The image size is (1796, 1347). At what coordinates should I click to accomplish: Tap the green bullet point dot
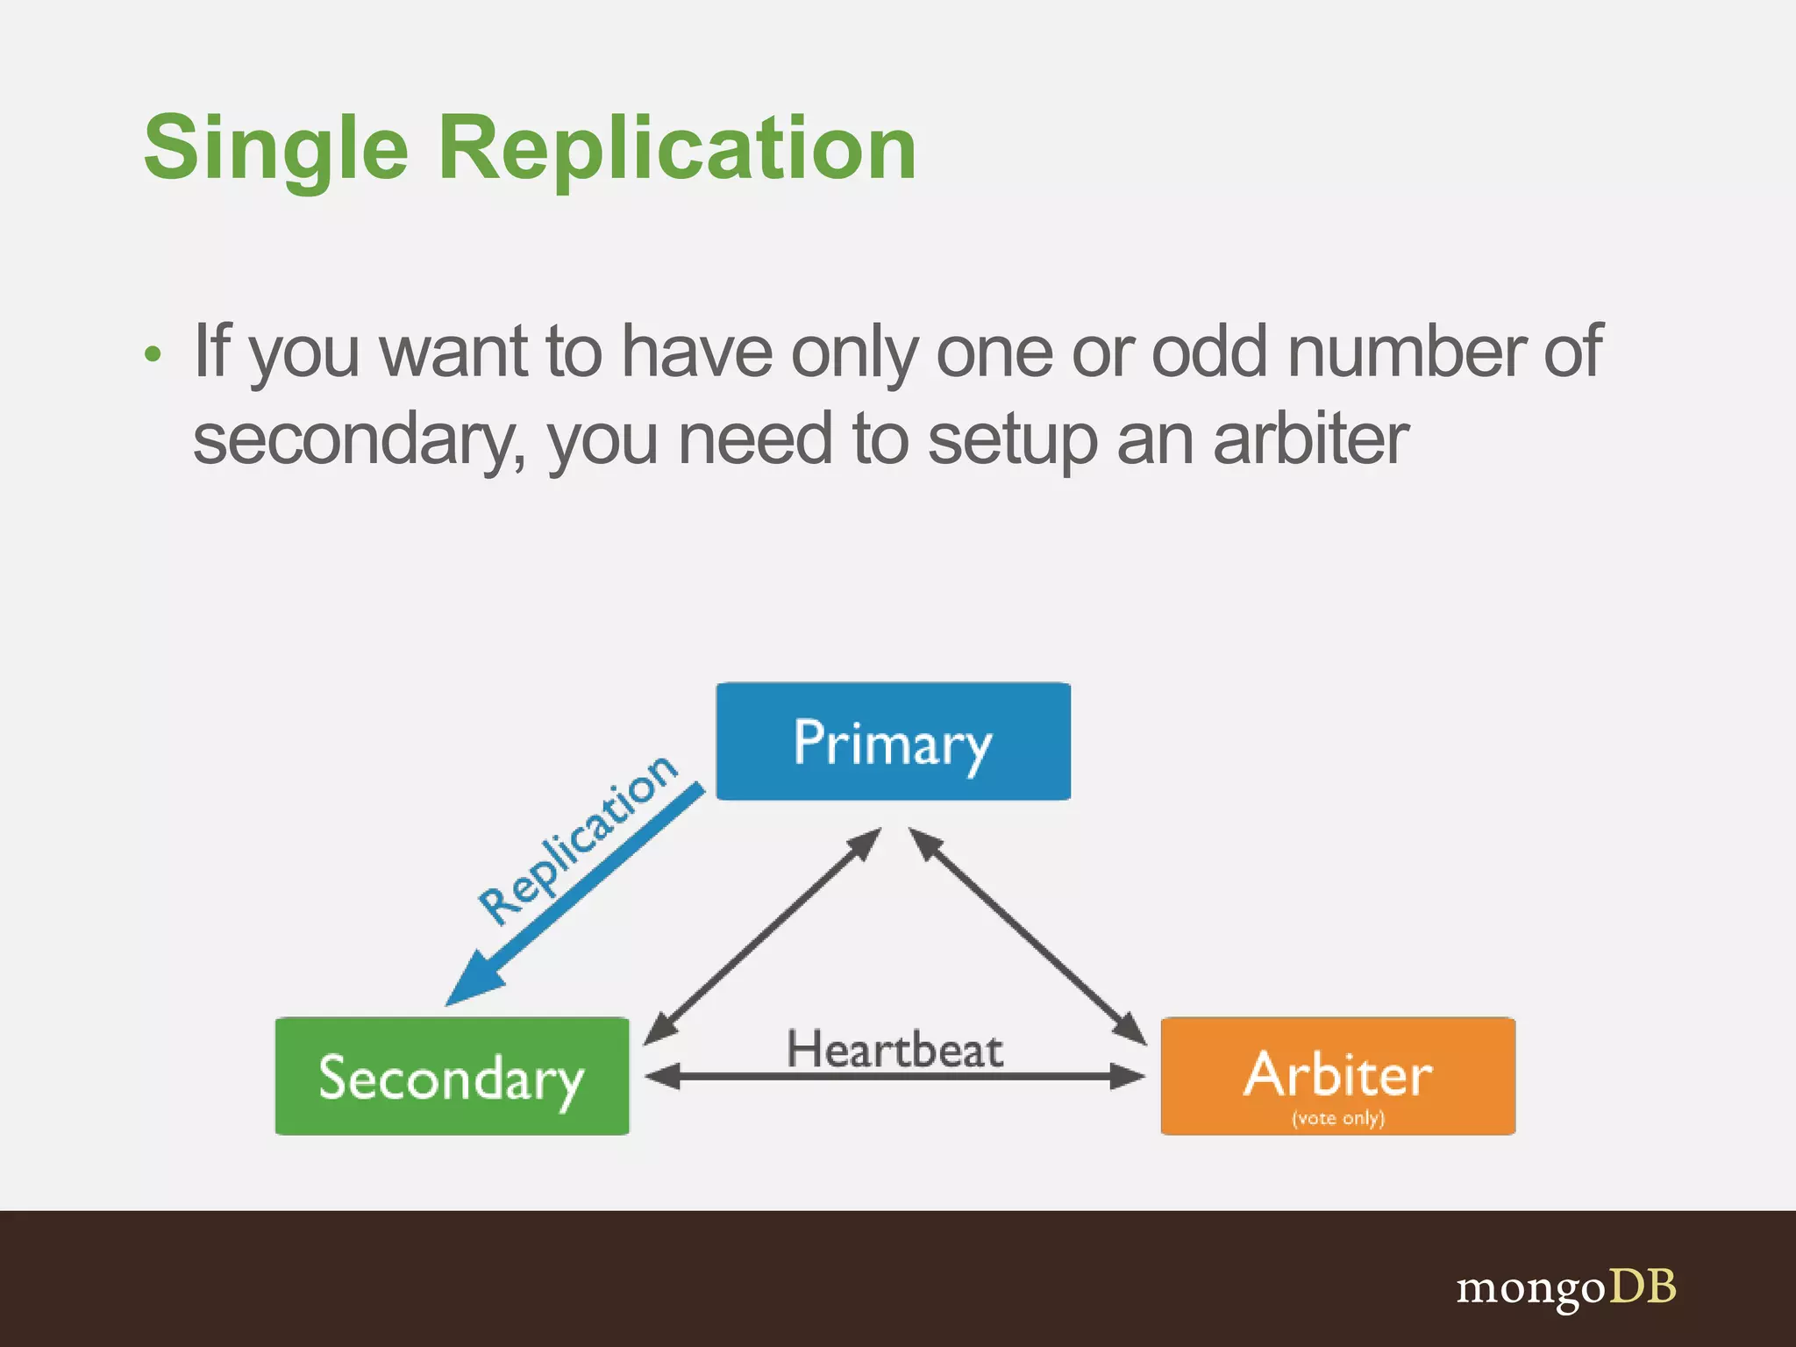(153, 354)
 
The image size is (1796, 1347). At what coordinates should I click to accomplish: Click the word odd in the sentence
(1209, 351)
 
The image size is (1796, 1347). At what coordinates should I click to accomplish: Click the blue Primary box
(893, 741)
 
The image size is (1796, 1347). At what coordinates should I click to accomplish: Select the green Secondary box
(452, 1076)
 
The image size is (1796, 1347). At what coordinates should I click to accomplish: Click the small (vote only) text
(1337, 1118)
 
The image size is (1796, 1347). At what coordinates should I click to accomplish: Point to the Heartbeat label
(894, 1049)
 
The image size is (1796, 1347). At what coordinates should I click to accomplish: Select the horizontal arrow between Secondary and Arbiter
(894, 1077)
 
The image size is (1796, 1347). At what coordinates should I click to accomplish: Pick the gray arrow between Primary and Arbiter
(1028, 936)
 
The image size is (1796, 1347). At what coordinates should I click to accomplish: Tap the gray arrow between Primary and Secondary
(762, 936)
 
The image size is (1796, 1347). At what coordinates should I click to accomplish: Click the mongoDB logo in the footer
(1565, 1287)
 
